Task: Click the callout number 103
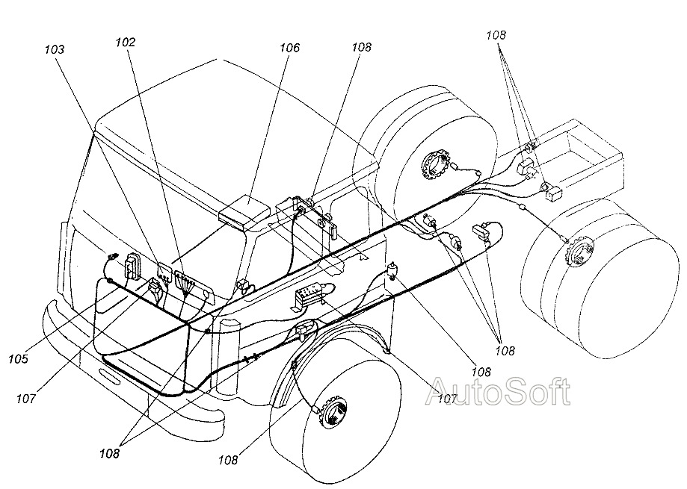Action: [55, 49]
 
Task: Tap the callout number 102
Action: [126, 43]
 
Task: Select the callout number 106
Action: [289, 48]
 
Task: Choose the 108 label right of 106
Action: [361, 46]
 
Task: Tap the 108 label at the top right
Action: [495, 34]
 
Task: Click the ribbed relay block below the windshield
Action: [309, 294]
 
